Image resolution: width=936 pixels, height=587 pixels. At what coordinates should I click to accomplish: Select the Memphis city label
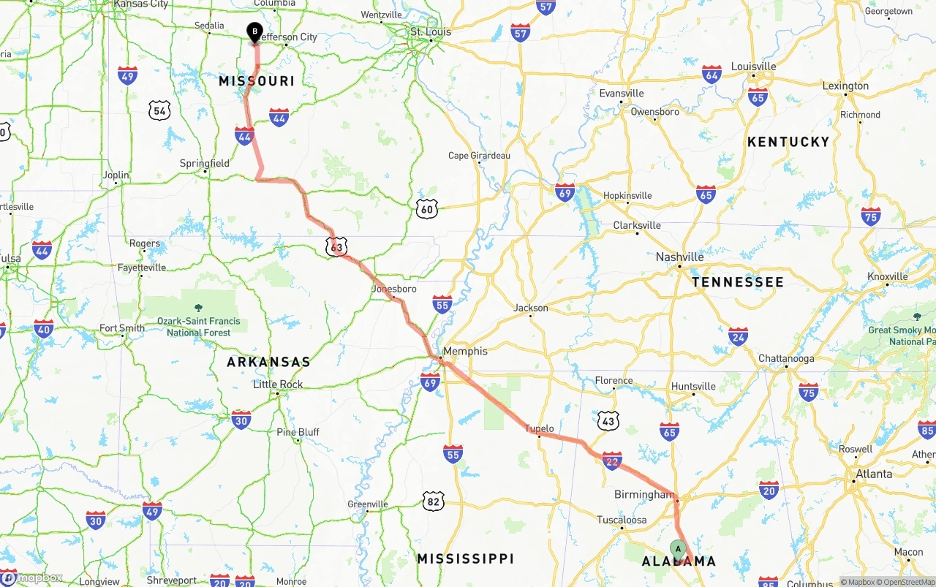(x=465, y=351)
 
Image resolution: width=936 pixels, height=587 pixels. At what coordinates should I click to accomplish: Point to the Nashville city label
(x=679, y=257)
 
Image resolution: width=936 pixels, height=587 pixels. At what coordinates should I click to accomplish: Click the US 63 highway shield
(x=336, y=247)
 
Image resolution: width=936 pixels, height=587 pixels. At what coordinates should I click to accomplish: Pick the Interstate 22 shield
(x=612, y=461)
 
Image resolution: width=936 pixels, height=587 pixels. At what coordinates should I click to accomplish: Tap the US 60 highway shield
(x=427, y=210)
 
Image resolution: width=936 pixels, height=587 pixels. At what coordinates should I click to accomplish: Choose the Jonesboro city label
(x=393, y=289)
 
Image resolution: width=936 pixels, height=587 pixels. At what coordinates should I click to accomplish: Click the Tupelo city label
(x=539, y=428)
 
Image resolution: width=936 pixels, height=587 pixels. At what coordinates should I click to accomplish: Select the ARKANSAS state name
(x=268, y=362)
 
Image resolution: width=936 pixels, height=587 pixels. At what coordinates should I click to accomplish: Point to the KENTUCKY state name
(x=788, y=142)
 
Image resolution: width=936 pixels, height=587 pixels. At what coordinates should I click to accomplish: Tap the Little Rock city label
(x=277, y=385)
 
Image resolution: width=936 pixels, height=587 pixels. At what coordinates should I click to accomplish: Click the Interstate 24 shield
(x=738, y=336)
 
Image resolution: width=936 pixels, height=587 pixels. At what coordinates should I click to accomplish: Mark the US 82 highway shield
(x=433, y=501)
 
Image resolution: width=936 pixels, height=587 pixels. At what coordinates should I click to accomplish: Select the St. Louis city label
(x=430, y=32)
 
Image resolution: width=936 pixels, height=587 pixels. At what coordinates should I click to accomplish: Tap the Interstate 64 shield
(x=712, y=74)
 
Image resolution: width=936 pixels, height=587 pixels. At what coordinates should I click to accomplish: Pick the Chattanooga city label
(x=786, y=358)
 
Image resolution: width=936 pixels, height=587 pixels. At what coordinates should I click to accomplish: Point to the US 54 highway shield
(x=159, y=111)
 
